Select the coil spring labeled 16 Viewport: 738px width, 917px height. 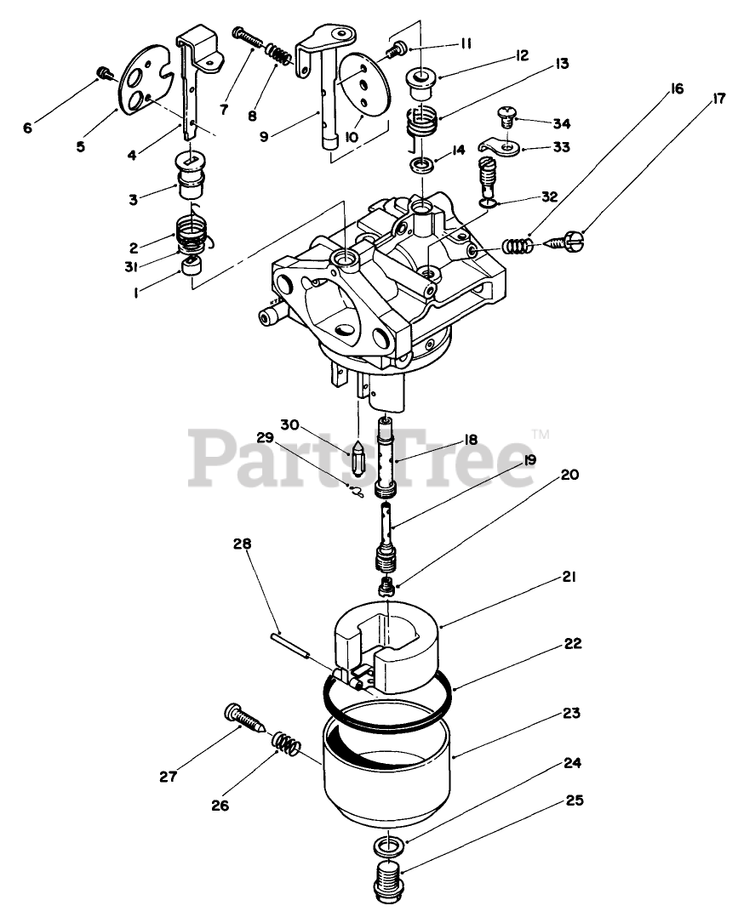pyautogui.click(x=518, y=245)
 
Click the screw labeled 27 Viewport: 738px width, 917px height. pyautogui.click(x=243, y=720)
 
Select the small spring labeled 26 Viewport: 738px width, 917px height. pyautogui.click(x=288, y=745)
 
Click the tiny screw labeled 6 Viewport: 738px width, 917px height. pyautogui.click(x=106, y=74)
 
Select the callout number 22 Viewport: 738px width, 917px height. pyautogui.click(x=574, y=644)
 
